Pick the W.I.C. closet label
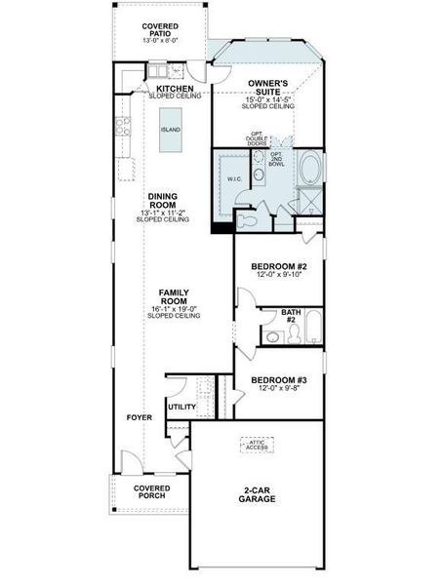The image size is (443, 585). (234, 179)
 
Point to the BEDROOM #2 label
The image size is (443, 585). (279, 266)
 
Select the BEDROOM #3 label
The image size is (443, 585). (279, 379)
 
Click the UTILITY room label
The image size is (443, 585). (181, 407)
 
